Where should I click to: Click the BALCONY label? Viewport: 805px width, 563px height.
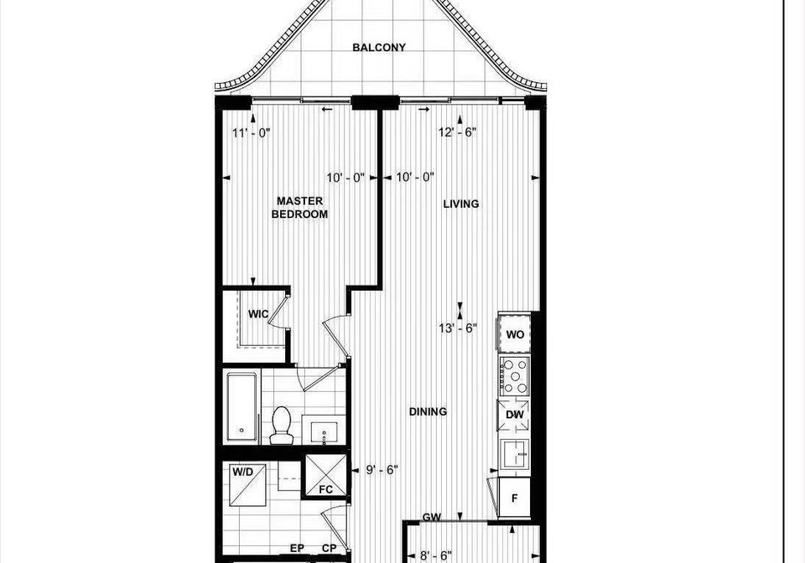(379, 47)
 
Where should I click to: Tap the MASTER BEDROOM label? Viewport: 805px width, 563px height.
(300, 208)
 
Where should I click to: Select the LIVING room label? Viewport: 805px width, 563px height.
(461, 204)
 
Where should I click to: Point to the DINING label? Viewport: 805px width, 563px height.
(428, 411)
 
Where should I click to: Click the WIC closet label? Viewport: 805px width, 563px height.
(258, 314)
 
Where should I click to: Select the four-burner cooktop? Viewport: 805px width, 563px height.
(514, 376)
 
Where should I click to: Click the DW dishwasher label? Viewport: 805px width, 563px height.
(515, 415)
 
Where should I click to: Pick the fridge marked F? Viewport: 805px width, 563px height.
(514, 497)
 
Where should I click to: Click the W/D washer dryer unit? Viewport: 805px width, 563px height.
(247, 484)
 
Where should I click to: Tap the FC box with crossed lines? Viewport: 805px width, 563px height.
(325, 476)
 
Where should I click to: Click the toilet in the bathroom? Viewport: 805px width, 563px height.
(282, 426)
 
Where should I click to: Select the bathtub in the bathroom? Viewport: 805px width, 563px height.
(241, 407)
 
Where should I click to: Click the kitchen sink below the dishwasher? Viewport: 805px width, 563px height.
(516, 454)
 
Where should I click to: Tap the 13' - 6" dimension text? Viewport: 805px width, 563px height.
(458, 328)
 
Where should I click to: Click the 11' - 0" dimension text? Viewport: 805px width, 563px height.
(251, 133)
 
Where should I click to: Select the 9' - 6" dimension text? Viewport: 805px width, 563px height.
(382, 470)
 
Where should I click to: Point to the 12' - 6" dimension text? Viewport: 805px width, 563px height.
(458, 132)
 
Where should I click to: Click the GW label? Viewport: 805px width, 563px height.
(432, 517)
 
